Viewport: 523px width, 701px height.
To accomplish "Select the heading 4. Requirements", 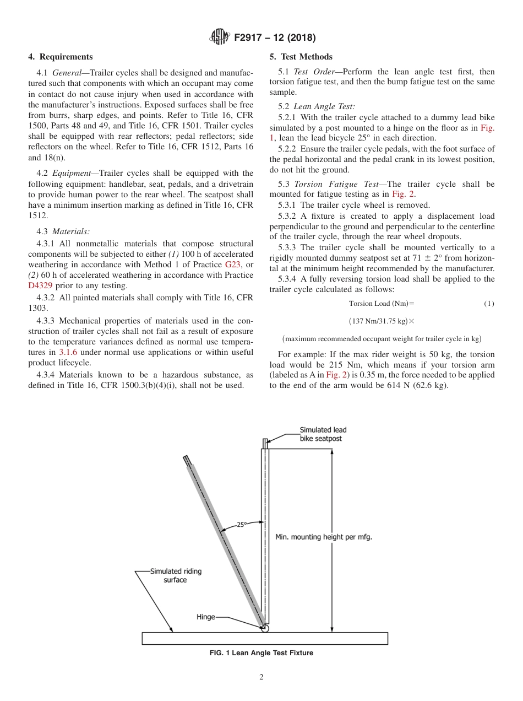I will click(x=61, y=57).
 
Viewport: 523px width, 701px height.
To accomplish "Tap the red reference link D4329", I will click(x=40, y=285).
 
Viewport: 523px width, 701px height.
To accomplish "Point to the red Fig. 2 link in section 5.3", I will click(x=400, y=194).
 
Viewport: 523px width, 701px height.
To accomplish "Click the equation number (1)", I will click(x=489, y=304).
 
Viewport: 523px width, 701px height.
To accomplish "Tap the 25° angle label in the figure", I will click(x=242, y=525).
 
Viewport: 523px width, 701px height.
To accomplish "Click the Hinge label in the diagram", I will click(x=206, y=617).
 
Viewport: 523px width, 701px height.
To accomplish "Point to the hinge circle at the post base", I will click(x=265, y=628).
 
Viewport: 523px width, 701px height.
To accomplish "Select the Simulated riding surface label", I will click(x=176, y=576).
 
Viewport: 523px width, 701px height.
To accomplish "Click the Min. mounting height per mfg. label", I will click(x=324, y=537).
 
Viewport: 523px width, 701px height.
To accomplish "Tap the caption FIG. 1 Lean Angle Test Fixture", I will click(x=261, y=653).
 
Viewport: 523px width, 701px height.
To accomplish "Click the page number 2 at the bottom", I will click(x=261, y=678).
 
